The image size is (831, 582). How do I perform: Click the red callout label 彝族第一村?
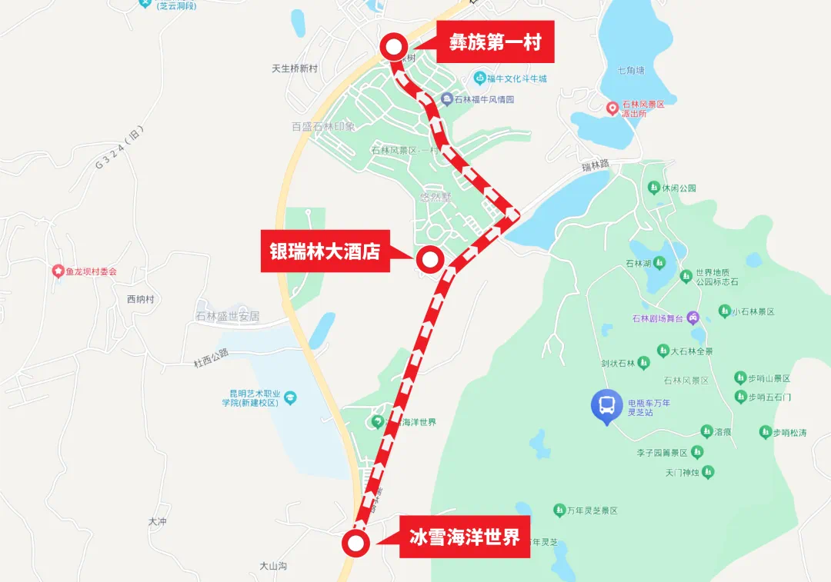(x=496, y=42)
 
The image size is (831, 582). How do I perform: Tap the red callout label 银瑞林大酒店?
(x=324, y=251)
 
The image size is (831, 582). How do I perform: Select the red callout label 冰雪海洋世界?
(x=464, y=537)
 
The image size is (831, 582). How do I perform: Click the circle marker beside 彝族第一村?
(x=394, y=48)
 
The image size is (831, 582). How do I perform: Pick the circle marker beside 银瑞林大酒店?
(x=429, y=260)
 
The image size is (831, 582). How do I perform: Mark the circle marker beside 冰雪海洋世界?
(x=355, y=544)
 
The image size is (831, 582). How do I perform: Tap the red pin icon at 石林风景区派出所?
(x=612, y=108)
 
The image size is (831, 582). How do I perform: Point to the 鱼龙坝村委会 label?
(x=90, y=271)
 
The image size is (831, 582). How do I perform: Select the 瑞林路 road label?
(x=595, y=165)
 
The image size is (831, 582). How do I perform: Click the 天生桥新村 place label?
(x=295, y=68)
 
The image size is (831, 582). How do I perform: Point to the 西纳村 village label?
(x=140, y=299)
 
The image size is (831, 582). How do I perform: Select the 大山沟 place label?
(x=273, y=565)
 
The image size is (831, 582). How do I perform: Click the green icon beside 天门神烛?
(x=708, y=471)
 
